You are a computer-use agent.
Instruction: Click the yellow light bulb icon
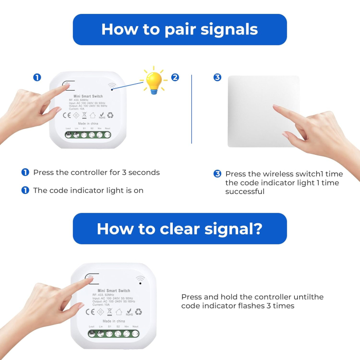coord(154,81)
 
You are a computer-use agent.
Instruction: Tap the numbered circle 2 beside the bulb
coord(175,78)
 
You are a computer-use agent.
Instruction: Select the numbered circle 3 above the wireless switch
coord(217,78)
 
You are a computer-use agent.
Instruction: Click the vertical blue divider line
coord(191,109)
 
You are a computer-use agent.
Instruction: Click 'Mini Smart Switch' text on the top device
coord(87,96)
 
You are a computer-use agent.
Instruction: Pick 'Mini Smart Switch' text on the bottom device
coord(114,291)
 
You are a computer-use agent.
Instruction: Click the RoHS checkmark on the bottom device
coord(129,312)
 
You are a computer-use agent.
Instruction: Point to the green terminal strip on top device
coord(88,135)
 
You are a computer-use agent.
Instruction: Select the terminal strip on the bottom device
coord(114,333)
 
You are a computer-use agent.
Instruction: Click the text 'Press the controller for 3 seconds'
coord(96,172)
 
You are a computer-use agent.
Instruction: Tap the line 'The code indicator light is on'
coord(88,190)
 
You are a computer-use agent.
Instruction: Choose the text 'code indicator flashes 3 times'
coord(238,306)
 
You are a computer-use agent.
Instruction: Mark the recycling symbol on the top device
coord(110,116)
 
